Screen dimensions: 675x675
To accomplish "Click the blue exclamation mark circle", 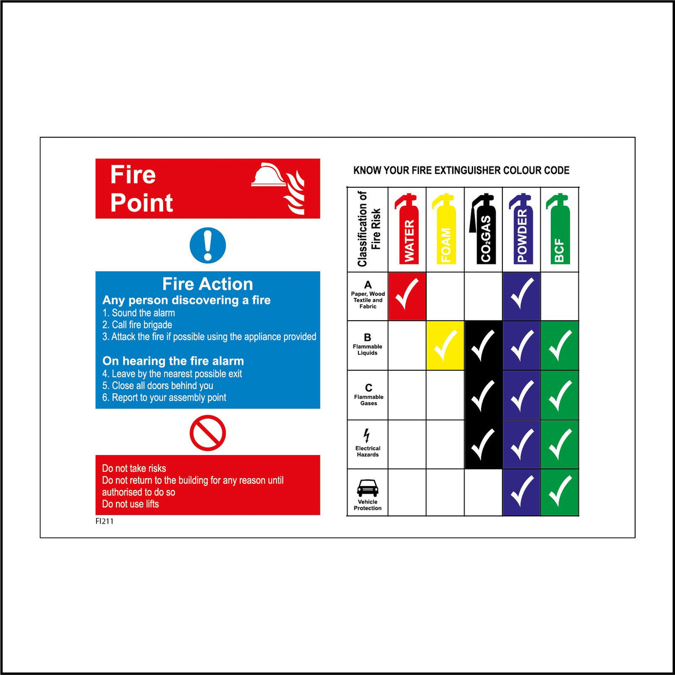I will (x=208, y=245).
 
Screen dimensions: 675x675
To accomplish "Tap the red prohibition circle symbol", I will (x=208, y=433).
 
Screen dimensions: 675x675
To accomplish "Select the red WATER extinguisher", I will (x=407, y=229).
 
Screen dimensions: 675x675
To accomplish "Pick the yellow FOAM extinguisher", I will (x=445, y=229).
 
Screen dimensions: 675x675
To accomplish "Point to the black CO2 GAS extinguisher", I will (x=483, y=229).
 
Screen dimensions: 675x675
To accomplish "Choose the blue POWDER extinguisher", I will (x=521, y=229).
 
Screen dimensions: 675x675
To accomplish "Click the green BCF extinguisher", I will (x=559, y=229).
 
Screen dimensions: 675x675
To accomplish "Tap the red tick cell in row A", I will (x=407, y=296).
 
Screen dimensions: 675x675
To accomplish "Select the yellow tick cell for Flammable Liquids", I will (x=445, y=345).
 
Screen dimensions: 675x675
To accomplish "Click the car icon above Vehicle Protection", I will (x=368, y=488).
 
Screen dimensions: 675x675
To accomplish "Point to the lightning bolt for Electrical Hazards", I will (x=367, y=435).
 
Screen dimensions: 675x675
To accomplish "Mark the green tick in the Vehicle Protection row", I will (x=560, y=492).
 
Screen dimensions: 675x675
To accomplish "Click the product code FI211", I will (x=105, y=521).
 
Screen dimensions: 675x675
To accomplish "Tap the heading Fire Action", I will (x=208, y=284).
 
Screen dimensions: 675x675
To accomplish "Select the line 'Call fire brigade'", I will (x=137, y=325).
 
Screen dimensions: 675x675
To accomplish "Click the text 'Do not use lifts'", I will (x=130, y=504).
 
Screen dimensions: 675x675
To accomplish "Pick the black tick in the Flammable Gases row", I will (x=483, y=395).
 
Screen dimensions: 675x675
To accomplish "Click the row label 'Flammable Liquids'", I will (x=368, y=350).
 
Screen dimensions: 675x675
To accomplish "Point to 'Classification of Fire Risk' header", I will (x=368, y=229).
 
